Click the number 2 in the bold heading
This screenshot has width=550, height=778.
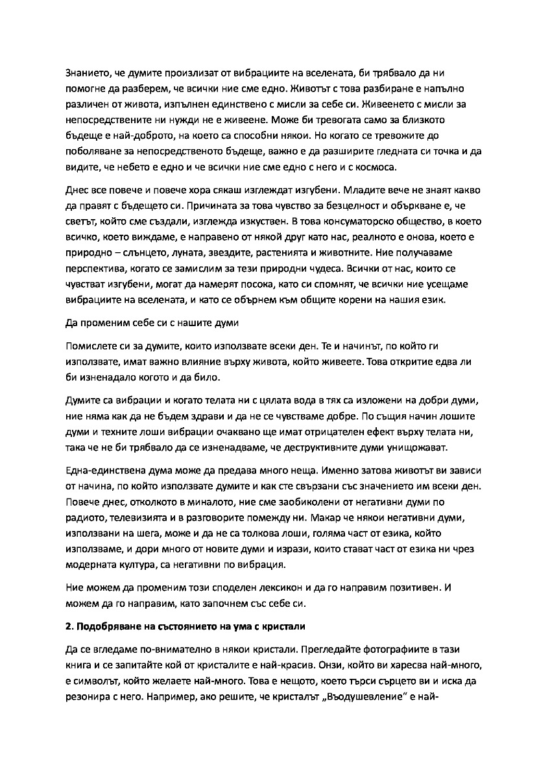(69, 628)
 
